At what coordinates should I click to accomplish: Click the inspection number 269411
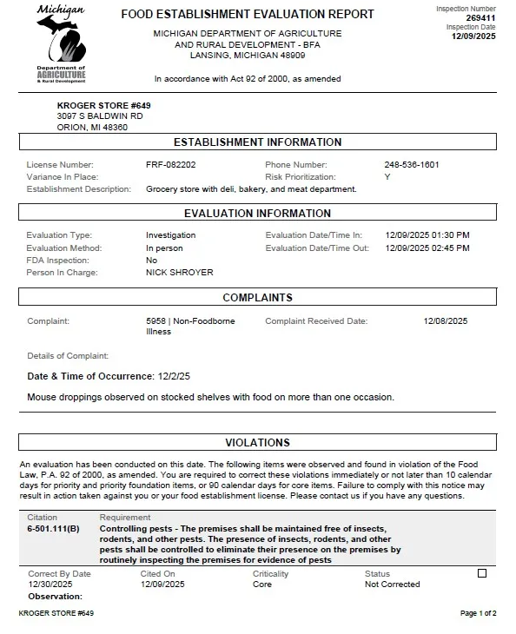pos(480,17)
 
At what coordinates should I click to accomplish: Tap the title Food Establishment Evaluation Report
pos(248,15)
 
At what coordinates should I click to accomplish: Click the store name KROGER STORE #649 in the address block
pos(91,105)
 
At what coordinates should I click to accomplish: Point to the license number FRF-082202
pos(170,165)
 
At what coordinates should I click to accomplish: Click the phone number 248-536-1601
pos(411,165)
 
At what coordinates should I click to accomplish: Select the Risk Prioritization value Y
pos(387,177)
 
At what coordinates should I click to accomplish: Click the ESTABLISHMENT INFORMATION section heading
pos(257,142)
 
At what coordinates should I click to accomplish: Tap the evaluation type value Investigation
pos(170,235)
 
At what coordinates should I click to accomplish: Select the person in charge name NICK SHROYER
pos(179,273)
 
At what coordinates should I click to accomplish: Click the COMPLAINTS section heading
pos(257,298)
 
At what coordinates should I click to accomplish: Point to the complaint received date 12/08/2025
pos(445,321)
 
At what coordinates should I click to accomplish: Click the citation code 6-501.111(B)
pos(53,529)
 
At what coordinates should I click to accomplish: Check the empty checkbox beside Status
pos(482,573)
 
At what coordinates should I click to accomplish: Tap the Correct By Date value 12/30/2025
pos(50,584)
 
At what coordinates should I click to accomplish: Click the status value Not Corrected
pos(392,584)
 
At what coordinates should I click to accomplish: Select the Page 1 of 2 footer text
pos(478,614)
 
